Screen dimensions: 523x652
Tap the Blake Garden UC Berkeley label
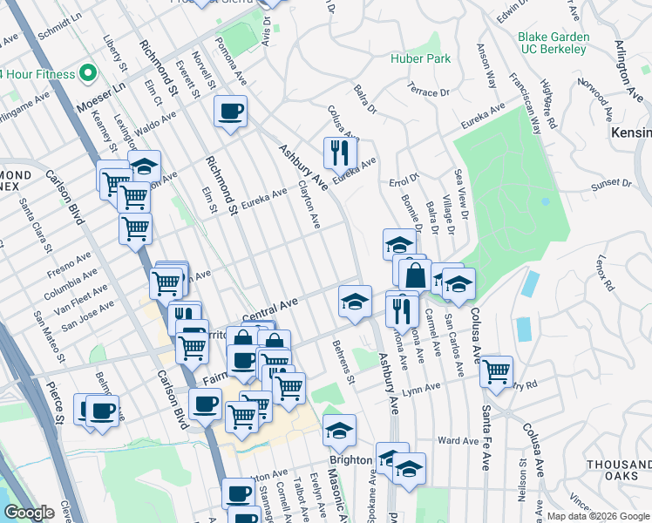553,44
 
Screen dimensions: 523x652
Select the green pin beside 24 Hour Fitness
87,73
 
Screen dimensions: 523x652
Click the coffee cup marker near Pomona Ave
230,112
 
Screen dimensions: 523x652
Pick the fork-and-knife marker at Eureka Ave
339,153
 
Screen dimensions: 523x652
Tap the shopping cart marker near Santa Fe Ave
496,371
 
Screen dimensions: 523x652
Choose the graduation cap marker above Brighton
339,430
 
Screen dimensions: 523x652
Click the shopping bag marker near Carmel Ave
415,275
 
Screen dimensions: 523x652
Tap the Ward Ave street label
458,440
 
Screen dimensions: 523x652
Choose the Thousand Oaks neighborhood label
618,471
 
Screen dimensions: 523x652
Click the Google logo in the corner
29,513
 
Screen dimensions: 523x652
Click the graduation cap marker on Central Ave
355,302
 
